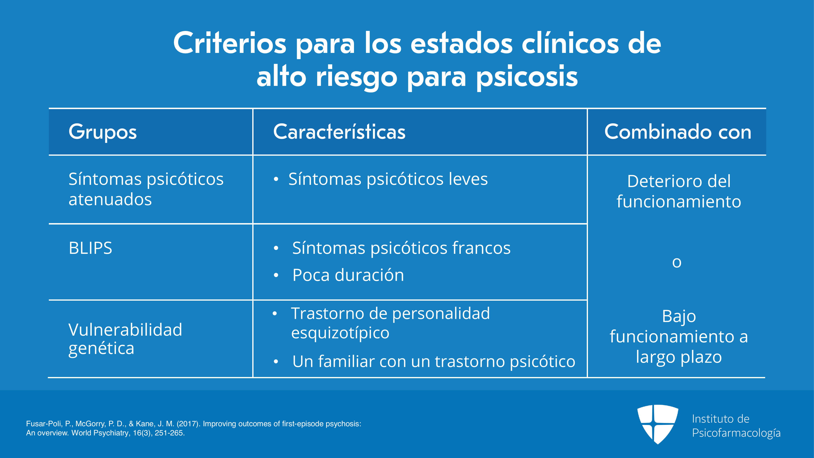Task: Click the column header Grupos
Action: point(103,132)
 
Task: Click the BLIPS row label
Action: point(90,248)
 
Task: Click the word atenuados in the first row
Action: point(110,199)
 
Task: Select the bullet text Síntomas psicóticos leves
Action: point(388,179)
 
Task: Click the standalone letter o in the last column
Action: point(677,262)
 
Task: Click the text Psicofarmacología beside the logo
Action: point(736,433)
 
